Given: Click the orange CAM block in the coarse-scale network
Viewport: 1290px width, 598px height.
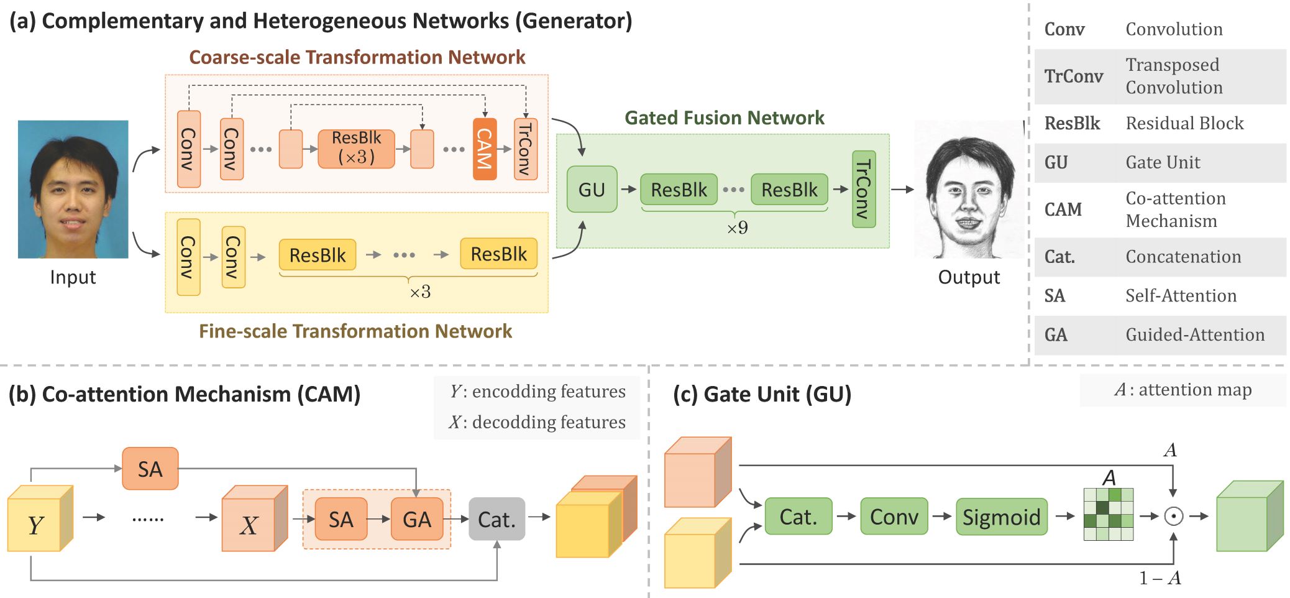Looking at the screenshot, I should click(x=485, y=149).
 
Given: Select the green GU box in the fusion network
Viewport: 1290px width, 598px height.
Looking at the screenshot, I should click(x=592, y=190).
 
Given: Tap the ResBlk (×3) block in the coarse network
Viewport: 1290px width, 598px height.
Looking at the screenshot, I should click(x=356, y=149).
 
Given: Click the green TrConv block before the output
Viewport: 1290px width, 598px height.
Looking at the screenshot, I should click(x=864, y=189).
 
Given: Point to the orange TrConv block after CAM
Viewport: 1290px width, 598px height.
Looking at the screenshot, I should click(x=525, y=149).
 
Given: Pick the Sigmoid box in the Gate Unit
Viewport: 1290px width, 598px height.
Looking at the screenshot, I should click(x=1001, y=517).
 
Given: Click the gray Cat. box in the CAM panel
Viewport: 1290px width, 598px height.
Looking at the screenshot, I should click(x=496, y=519).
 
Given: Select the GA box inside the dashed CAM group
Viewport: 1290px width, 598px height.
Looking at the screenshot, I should click(x=416, y=519).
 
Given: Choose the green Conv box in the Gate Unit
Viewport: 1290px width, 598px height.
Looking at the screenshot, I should click(x=894, y=517).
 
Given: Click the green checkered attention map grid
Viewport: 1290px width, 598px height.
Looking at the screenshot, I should click(x=1108, y=514).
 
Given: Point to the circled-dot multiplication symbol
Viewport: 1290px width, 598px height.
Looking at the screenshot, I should click(x=1173, y=516).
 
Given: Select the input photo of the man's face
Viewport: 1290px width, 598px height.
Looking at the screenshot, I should click(x=73, y=189).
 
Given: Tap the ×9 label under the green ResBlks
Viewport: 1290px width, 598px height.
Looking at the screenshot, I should click(x=737, y=228).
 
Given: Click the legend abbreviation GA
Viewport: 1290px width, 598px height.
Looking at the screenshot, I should click(x=1056, y=335).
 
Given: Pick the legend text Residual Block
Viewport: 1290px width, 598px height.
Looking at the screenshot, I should click(x=1184, y=123).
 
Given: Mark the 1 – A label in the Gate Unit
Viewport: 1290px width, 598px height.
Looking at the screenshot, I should click(x=1160, y=578).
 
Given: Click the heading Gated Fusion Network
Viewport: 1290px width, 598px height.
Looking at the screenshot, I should click(x=724, y=117).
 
